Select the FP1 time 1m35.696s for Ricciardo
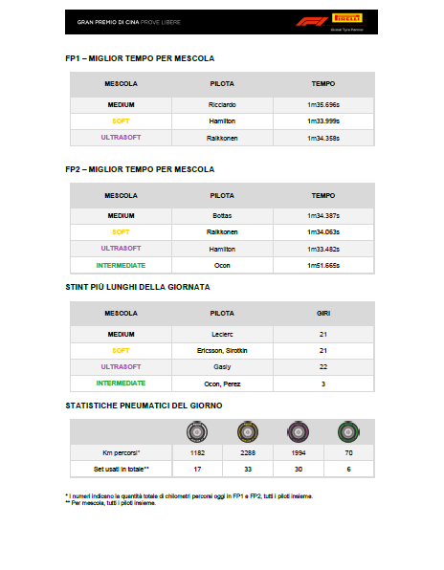pyautogui.click(x=322, y=104)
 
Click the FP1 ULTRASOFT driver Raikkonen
pyautogui.click(x=222, y=138)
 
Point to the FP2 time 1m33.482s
pyautogui.click(x=322, y=248)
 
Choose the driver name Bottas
pyautogui.click(x=222, y=215)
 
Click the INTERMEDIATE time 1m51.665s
pyautogui.click(x=322, y=264)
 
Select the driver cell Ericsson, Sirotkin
pyautogui.click(x=222, y=350)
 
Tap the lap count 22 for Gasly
pyautogui.click(x=322, y=366)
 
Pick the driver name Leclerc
pyautogui.click(x=222, y=334)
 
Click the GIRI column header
pyautogui.click(x=322, y=312)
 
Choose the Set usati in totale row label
pyautogui.click(x=121, y=469)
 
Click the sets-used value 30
pyautogui.click(x=299, y=469)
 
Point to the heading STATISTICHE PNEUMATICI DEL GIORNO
pyautogui.click(x=144, y=406)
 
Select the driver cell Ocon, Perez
pyautogui.click(x=222, y=383)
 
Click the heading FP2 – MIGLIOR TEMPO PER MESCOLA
pyautogui.click(x=140, y=168)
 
